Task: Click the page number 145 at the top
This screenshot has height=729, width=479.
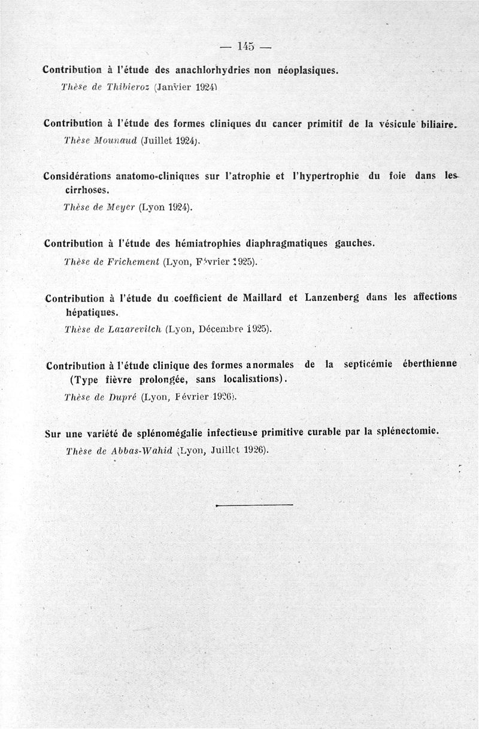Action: (246, 46)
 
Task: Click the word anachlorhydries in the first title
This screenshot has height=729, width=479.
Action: (210, 70)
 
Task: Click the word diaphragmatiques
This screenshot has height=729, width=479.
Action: (284, 243)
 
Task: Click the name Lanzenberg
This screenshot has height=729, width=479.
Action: (332, 297)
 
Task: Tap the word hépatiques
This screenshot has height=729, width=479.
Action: (92, 312)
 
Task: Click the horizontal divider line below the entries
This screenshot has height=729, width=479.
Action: (254, 506)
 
